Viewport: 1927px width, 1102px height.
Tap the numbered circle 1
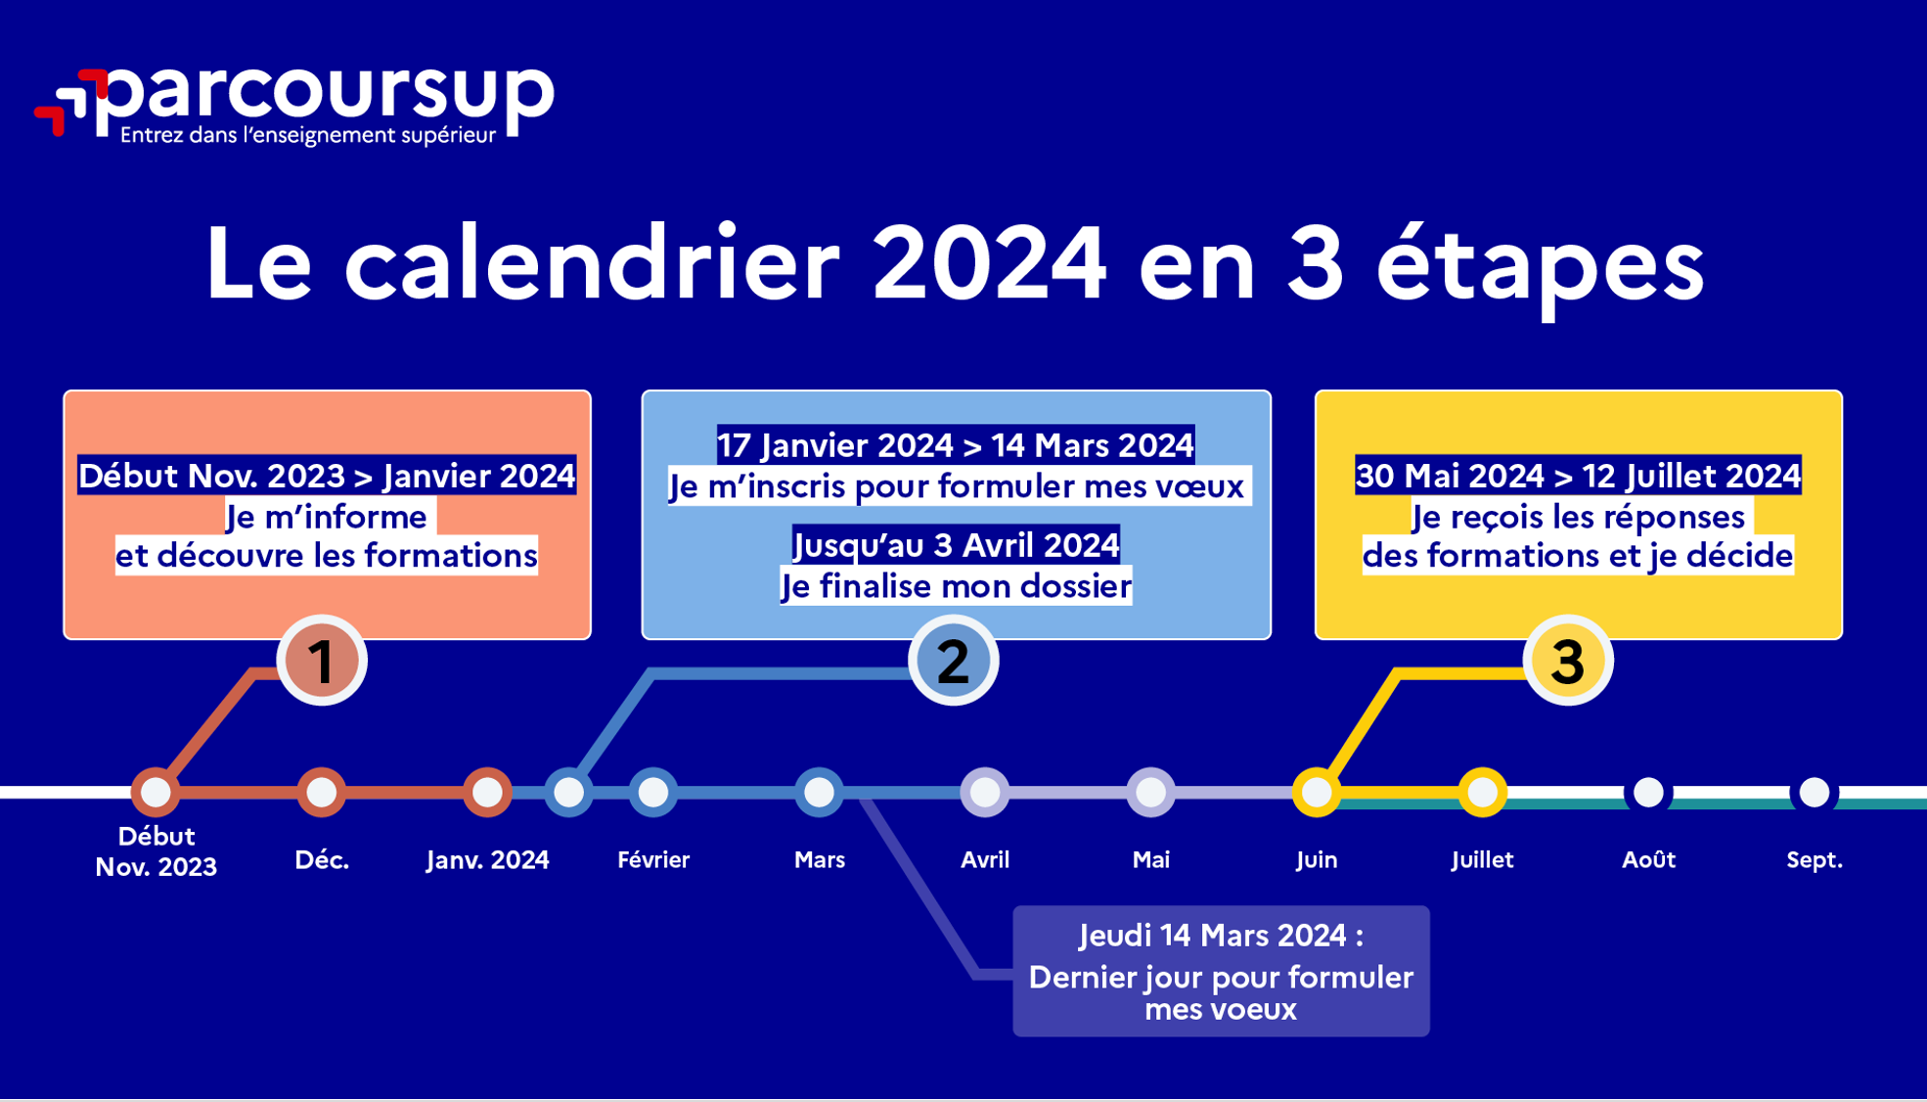pyautogui.click(x=322, y=661)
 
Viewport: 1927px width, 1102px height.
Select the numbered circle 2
pyautogui.click(x=954, y=661)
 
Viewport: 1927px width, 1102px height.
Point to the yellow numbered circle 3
pyautogui.click(x=1568, y=661)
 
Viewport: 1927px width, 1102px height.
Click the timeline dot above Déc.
pyautogui.click(x=322, y=792)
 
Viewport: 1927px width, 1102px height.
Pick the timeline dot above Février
pyautogui.click(x=653, y=792)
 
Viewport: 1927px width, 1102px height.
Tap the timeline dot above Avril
pyautogui.click(x=985, y=792)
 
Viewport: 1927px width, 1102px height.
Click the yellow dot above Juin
pyautogui.click(x=1317, y=792)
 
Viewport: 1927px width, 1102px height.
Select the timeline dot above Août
pyautogui.click(x=1648, y=792)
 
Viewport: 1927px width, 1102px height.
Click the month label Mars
pyautogui.click(x=820, y=859)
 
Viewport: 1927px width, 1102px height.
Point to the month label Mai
pyautogui.click(x=1151, y=859)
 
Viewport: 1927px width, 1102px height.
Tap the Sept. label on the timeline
pyautogui.click(x=1815, y=860)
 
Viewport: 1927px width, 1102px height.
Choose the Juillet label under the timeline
pyautogui.click(x=1483, y=859)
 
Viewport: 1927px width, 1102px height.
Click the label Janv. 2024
pyautogui.click(x=488, y=859)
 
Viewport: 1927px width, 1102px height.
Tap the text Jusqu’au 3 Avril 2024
pyautogui.click(x=956, y=545)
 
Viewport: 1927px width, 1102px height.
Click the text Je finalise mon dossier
pyautogui.click(x=956, y=586)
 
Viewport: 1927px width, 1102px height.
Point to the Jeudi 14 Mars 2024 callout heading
pyautogui.click(x=1221, y=936)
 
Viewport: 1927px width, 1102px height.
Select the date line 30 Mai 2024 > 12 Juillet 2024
pyautogui.click(x=1578, y=475)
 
